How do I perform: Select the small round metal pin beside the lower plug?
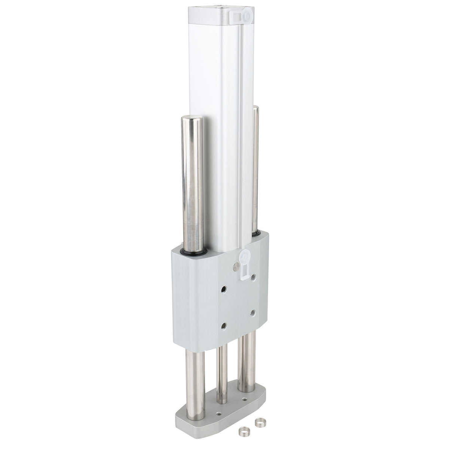[x=234, y=266]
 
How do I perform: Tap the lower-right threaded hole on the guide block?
[x=253, y=312]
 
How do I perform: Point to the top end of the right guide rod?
[x=255, y=109]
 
